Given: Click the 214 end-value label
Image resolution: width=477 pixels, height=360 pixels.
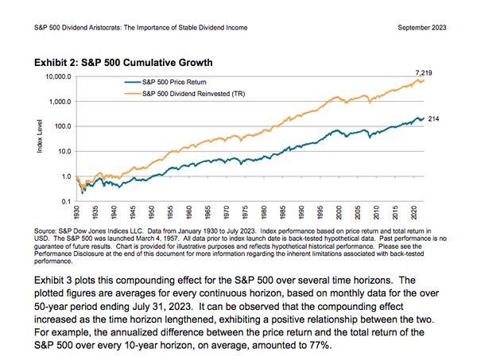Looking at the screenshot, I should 434,118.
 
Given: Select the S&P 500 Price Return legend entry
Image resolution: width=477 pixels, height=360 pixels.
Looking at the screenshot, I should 173,82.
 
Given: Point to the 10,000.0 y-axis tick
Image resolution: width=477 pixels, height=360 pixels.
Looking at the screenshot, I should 60,77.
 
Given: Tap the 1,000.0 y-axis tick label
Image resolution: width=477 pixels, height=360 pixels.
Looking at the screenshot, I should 62,102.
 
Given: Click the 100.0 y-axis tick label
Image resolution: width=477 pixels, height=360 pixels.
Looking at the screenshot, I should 64,126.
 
